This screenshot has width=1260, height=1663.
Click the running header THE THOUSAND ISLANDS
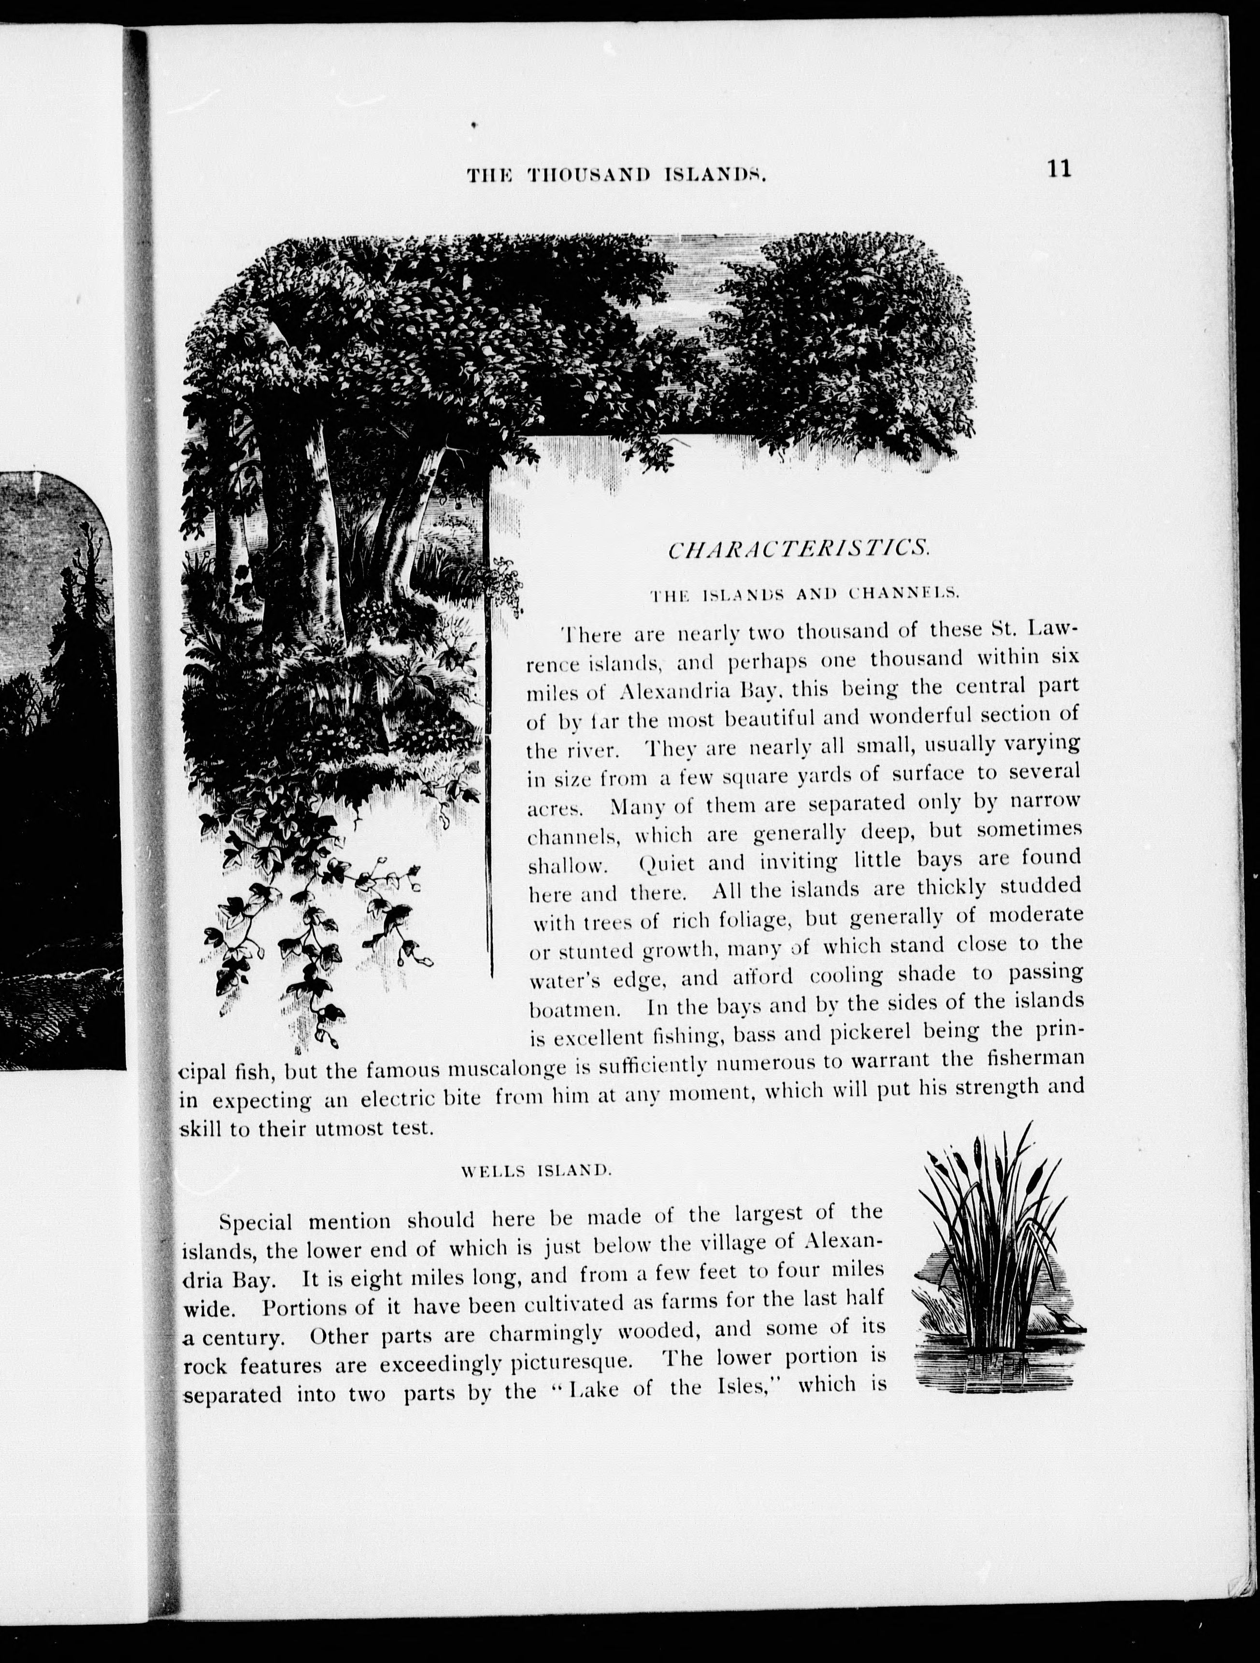(x=616, y=176)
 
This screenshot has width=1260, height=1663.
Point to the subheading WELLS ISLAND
(x=538, y=1170)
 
